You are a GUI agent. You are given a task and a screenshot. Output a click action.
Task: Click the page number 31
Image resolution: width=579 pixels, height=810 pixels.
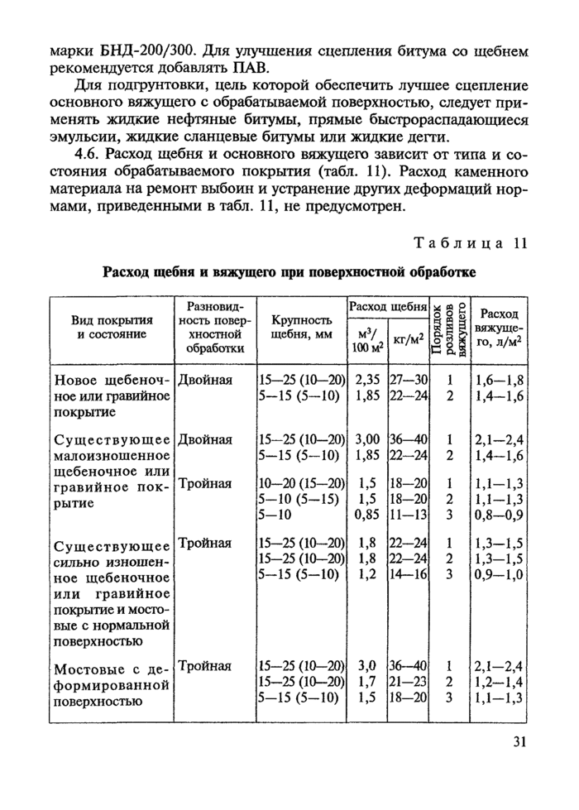tap(519, 741)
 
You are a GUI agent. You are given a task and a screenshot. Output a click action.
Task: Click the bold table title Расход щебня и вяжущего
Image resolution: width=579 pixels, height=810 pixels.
tap(289, 273)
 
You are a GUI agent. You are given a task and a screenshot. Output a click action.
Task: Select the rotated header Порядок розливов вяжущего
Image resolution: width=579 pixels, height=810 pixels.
tap(449, 327)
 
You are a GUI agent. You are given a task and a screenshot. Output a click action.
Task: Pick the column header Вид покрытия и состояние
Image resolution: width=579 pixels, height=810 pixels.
tap(112, 326)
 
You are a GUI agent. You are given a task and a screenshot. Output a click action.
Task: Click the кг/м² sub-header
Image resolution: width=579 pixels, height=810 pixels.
tap(409, 338)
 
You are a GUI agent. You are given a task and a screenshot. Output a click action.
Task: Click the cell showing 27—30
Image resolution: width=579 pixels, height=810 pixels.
tap(409, 380)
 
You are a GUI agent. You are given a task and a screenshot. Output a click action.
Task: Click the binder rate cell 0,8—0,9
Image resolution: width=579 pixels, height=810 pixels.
tap(500, 514)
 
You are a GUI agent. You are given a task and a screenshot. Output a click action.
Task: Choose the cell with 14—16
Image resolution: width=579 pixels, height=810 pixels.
tap(409, 573)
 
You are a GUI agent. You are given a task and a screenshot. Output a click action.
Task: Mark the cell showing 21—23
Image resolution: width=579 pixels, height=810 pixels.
tap(409, 682)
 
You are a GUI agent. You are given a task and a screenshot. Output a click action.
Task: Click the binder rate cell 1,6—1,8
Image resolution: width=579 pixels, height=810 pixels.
tap(500, 380)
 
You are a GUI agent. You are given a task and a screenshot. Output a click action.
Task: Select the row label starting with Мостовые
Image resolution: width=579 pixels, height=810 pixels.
tap(112, 683)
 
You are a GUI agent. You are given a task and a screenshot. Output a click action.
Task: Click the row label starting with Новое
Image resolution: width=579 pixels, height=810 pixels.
tap(112, 395)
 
